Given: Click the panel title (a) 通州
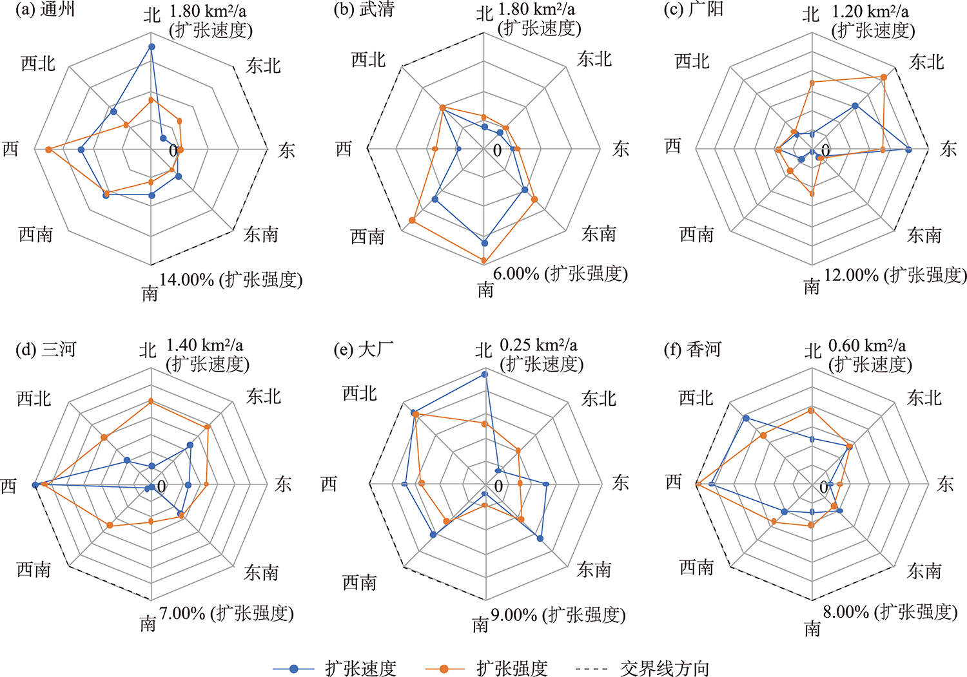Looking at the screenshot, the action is pos(45,10).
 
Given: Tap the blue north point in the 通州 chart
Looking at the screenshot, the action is pos(151,46).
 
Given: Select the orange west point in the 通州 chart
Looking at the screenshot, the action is pos(49,149).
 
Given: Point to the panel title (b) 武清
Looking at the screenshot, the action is pos(364,10).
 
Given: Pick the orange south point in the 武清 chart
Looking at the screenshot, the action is pos(484,260).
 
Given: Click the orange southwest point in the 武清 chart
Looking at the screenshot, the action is pos(412,220).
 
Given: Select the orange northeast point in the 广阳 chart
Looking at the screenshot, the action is pos(884,77).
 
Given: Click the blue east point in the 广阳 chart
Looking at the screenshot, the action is pos(908,149).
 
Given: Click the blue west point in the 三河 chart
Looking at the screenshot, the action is pos(35,485).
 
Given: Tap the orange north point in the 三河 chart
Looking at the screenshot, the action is pos(151,401).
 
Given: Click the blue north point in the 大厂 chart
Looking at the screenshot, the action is pos(484,374).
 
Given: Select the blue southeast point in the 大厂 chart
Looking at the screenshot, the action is pos(540,538).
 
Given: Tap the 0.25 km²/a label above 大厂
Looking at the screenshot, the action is pos(538,345).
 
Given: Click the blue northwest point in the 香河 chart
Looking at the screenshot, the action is pos(745,418).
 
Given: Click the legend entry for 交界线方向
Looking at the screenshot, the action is pos(643,669).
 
